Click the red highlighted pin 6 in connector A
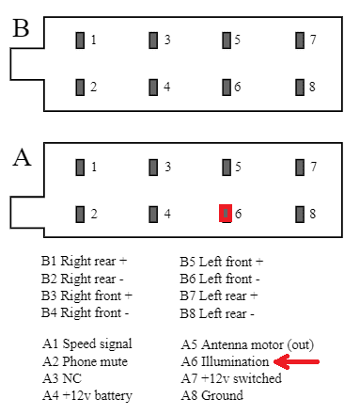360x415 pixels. [x=226, y=214]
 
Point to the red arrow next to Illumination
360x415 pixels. [x=296, y=361]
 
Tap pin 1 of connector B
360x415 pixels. [x=80, y=40]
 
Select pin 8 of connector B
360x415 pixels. [x=300, y=88]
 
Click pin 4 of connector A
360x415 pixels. [x=153, y=215]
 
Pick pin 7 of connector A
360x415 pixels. [x=300, y=168]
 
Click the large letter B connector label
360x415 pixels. [x=21, y=28]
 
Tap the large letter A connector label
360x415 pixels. [x=22, y=157]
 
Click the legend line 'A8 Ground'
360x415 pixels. [x=211, y=395]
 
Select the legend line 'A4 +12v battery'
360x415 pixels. [x=87, y=395]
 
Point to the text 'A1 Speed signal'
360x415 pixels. [x=87, y=344]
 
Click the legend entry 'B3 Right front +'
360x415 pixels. [x=86, y=295]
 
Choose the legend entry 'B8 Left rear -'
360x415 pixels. [x=217, y=313]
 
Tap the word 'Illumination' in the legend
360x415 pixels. [x=235, y=361]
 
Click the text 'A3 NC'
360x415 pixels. [x=62, y=378]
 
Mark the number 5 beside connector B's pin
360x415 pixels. [x=237, y=40]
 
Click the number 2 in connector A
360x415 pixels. [x=94, y=214]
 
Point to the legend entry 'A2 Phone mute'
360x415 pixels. [x=85, y=361]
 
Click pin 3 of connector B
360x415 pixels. [x=153, y=40]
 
